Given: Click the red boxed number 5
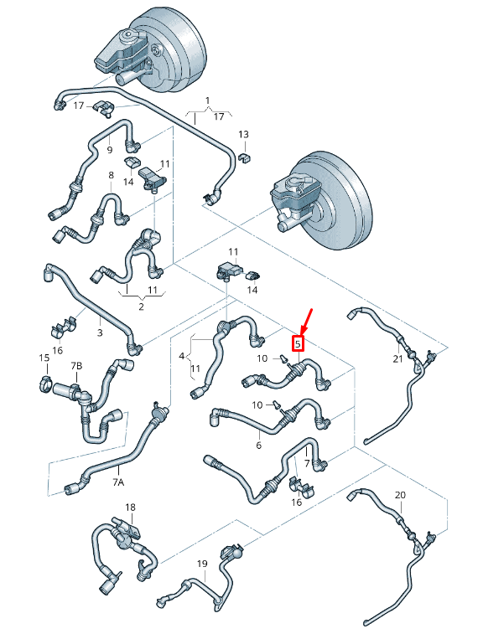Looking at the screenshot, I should (x=297, y=343).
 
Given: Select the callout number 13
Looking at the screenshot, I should (x=242, y=134).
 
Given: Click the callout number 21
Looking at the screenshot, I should (x=397, y=358).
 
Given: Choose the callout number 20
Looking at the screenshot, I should (x=400, y=495).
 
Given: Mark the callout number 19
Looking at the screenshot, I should (x=201, y=564).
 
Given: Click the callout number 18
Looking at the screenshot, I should (x=130, y=508).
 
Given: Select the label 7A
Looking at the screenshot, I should (x=118, y=482).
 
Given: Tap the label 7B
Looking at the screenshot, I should (x=76, y=366).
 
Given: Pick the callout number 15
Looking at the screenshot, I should (x=44, y=358).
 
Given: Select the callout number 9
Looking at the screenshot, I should (x=109, y=149).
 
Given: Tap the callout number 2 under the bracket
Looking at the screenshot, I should (x=140, y=307).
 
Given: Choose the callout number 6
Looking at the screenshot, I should (x=258, y=445).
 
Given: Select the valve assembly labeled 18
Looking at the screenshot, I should (x=126, y=533).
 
